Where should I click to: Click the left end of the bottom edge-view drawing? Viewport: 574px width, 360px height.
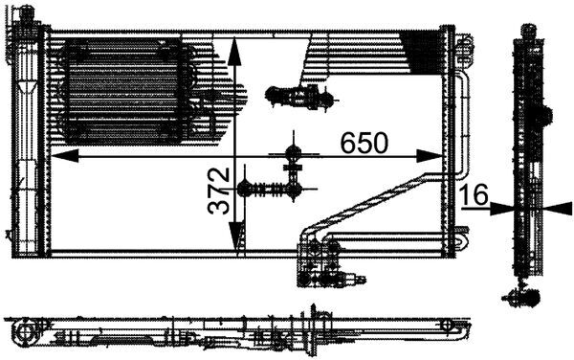[21, 331]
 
